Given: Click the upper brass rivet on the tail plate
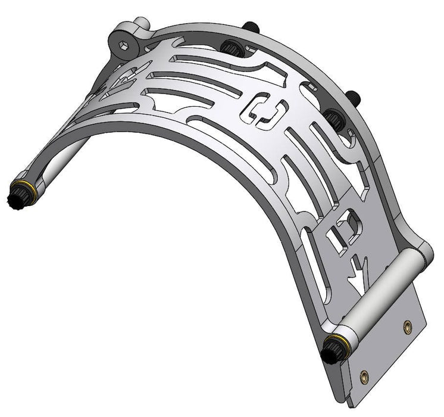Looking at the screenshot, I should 407,326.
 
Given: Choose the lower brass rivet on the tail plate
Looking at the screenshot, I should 364,376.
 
